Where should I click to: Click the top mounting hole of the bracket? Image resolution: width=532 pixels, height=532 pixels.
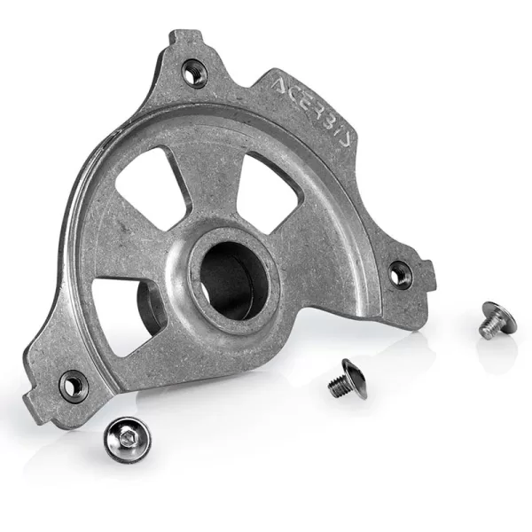pos(193,71)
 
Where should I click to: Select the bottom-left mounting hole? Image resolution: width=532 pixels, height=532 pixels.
pos(74,385)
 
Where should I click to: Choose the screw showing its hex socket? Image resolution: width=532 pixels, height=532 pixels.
pos(125,434)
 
